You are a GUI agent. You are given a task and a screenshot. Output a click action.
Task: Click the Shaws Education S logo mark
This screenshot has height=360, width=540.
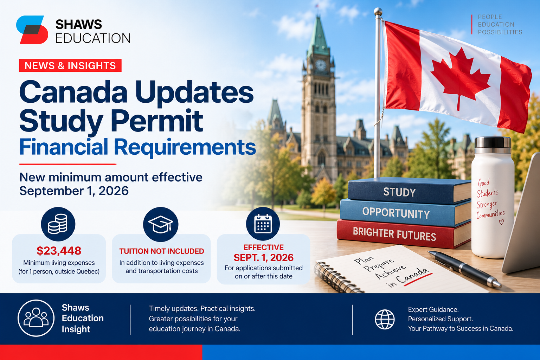[32, 30]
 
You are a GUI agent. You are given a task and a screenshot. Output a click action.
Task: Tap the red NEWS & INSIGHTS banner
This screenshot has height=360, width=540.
[70, 65]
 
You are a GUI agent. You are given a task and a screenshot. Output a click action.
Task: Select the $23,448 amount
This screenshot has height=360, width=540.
[59, 251]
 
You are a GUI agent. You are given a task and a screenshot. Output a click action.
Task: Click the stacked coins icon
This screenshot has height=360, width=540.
[58, 224]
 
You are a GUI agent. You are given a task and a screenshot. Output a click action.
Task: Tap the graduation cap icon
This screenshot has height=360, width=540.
[161, 224]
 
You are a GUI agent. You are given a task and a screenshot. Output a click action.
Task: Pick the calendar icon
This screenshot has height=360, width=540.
[263, 224]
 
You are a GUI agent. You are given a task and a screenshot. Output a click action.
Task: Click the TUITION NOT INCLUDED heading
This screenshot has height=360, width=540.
[161, 251]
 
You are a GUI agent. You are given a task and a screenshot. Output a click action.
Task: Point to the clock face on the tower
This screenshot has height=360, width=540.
[321, 65]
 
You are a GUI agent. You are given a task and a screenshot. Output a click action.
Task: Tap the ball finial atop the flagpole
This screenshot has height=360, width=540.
[378, 11]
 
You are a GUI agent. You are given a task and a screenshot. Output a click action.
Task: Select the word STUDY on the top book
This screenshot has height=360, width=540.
[399, 192]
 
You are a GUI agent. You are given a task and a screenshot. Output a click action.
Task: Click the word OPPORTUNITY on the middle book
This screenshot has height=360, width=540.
[396, 213]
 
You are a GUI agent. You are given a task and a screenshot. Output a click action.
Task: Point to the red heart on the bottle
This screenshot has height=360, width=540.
[501, 222]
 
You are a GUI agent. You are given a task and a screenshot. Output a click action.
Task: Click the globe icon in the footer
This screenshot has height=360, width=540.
[385, 320]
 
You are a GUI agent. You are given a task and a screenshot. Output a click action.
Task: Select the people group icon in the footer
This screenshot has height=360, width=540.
[36, 318]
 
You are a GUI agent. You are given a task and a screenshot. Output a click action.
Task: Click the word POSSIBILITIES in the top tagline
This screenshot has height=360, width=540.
[500, 32]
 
